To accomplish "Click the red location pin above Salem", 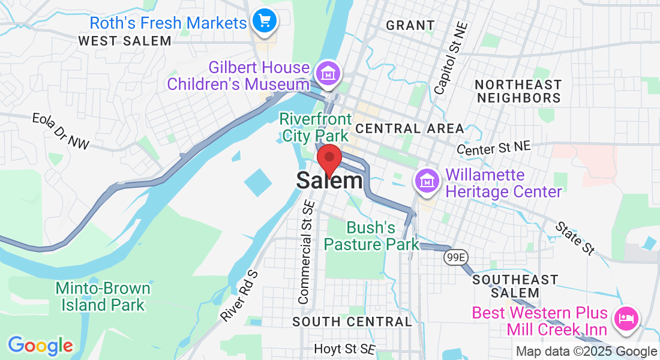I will (329, 158).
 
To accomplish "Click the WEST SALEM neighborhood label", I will (125, 41).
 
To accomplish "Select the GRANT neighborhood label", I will (410, 25).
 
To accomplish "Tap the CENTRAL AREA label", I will (409, 128).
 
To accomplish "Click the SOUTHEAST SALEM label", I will (515, 286).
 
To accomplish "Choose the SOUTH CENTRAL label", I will (352, 322).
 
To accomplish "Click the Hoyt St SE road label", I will (345, 349).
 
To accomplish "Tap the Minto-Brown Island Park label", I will (103, 296).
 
